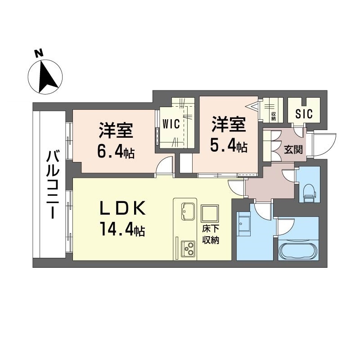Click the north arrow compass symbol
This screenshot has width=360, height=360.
[45, 76]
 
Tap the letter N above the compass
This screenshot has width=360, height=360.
[39, 53]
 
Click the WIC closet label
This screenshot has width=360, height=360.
[171, 124]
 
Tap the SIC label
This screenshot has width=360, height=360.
[304, 114]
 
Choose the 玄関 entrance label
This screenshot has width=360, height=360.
[293, 150]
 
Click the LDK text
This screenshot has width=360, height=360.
[122, 208]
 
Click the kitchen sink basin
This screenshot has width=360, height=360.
[188, 211]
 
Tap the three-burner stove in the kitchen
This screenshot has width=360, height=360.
[188, 249]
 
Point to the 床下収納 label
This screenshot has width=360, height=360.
[210, 234]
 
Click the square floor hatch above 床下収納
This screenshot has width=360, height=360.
[210, 213]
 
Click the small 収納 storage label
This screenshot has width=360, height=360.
[273, 116]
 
